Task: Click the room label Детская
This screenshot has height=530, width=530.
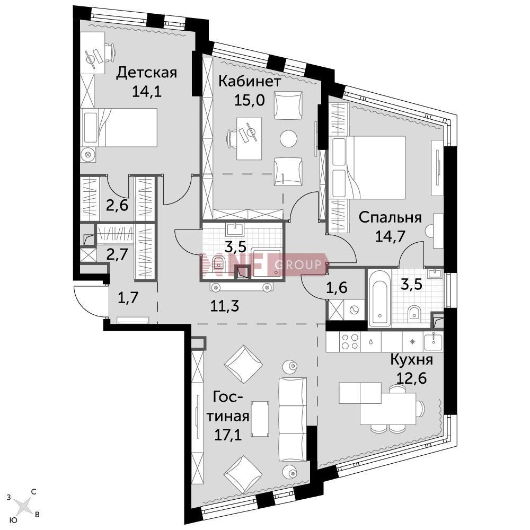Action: click(146, 73)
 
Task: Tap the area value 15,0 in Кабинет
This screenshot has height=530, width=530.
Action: click(250, 100)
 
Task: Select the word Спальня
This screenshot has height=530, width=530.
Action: click(390, 217)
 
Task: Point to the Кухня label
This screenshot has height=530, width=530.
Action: click(411, 360)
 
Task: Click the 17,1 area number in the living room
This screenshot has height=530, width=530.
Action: click(228, 435)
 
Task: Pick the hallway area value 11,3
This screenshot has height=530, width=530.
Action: click(225, 306)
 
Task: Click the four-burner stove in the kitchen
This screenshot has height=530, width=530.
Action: click(350, 341)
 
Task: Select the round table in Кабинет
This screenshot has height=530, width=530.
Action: click(289, 138)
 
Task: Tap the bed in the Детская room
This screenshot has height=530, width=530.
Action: click(119, 127)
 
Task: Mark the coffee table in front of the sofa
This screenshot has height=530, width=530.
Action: click(260, 419)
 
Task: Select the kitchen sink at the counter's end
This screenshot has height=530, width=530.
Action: click(433, 341)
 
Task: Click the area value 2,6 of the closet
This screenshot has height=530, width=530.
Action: click(117, 205)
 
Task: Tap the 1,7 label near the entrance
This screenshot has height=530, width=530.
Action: click(128, 298)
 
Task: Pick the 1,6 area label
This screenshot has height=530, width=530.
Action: click(337, 288)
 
